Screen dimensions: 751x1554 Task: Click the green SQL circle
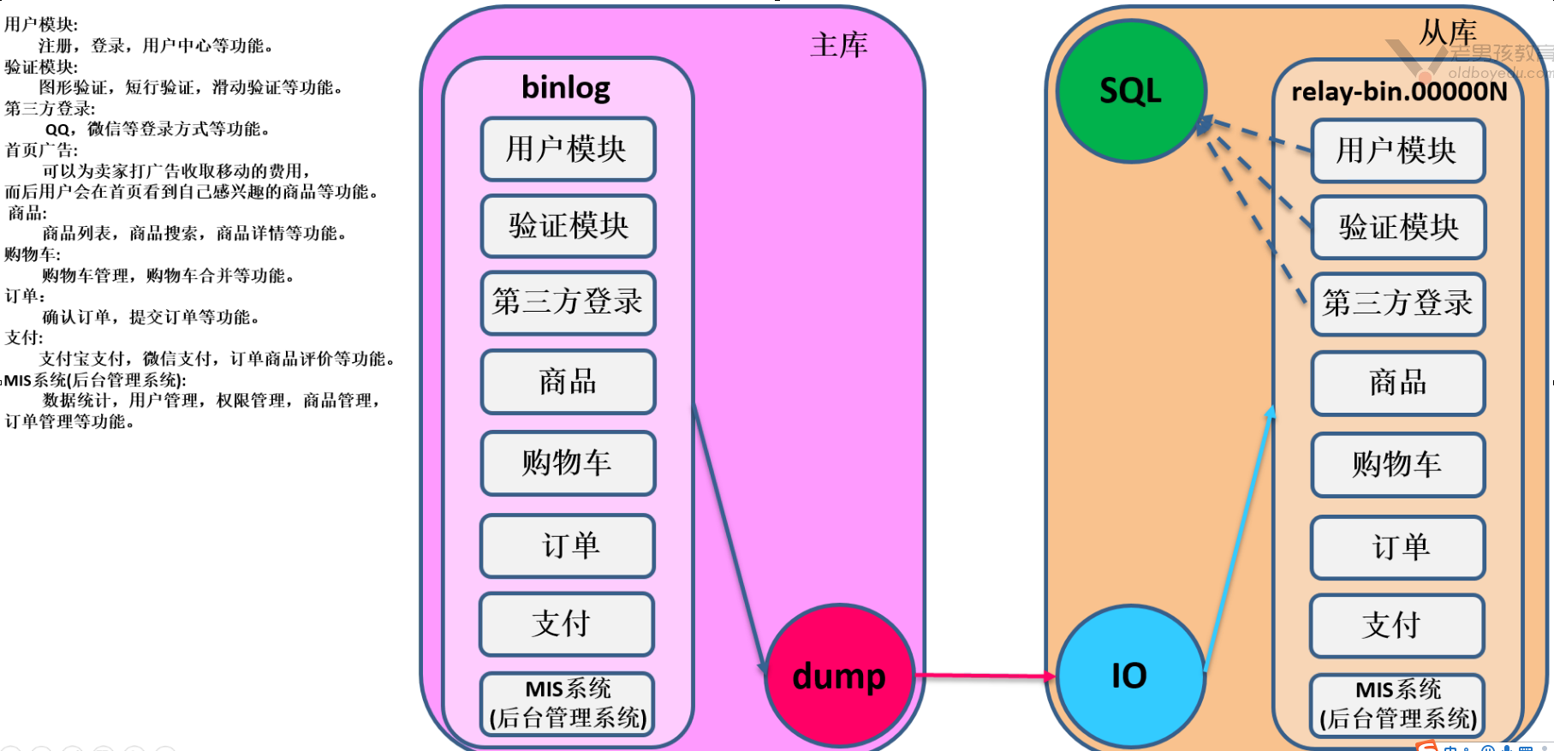[x=1130, y=91]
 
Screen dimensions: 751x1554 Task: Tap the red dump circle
[x=839, y=676]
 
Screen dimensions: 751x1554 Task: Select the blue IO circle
[x=1129, y=676]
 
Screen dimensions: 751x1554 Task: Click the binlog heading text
[x=566, y=87]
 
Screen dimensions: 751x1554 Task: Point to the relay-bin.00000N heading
[x=1398, y=92]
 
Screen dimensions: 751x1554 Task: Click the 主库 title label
[x=838, y=45]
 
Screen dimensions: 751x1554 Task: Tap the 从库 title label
[x=1448, y=33]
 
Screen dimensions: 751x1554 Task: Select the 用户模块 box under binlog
[x=568, y=149]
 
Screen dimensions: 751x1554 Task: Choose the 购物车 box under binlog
[x=568, y=463]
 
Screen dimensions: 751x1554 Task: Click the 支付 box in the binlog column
[x=566, y=624]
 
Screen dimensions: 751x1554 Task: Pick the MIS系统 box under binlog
[x=568, y=704]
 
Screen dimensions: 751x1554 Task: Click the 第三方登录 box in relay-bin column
[x=1397, y=304]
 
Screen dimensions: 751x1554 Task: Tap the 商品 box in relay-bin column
[x=1397, y=383]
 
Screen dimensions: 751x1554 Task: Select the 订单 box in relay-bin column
[x=1397, y=547]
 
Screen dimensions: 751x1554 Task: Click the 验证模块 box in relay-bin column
[x=1397, y=228]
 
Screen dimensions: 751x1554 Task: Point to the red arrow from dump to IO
[x=985, y=676]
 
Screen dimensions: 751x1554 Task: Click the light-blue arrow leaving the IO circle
[x=1238, y=539]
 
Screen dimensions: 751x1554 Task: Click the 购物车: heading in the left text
[x=33, y=254]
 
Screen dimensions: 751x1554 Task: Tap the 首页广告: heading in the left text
[x=41, y=150]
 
